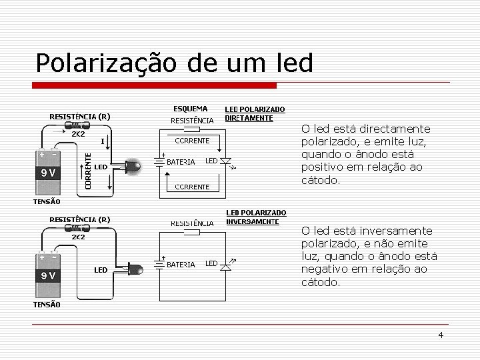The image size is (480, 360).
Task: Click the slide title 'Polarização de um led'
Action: pos(174,63)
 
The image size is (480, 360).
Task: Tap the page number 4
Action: pos(441,335)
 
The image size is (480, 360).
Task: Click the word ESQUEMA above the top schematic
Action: pos(190,109)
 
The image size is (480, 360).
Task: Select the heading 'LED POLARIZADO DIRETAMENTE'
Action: pos(255,113)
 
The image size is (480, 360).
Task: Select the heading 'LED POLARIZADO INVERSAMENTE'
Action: pos(256,217)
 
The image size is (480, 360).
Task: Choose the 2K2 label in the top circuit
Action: pos(78,134)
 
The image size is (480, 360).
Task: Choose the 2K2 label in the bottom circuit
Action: pos(78,237)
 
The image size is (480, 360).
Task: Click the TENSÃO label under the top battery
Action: pos(47,201)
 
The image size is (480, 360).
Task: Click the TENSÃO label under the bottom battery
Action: pos(47,305)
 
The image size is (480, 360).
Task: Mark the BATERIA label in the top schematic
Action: pos(181,162)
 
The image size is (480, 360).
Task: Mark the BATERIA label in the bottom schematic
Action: pos(181,265)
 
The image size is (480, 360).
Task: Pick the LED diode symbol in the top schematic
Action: pos(225,161)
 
